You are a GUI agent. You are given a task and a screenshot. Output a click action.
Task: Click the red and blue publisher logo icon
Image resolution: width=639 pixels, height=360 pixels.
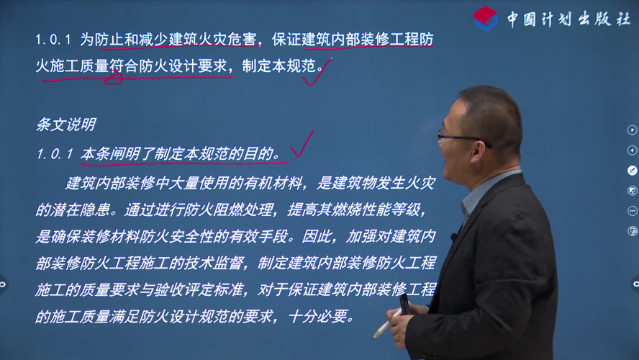click(485, 18)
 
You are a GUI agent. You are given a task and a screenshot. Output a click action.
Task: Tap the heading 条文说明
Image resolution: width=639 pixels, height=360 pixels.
click(66, 125)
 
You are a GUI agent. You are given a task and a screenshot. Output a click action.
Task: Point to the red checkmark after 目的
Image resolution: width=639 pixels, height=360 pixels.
click(302, 144)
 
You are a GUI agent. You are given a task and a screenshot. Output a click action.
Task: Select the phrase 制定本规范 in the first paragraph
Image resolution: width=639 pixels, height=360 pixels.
click(279, 66)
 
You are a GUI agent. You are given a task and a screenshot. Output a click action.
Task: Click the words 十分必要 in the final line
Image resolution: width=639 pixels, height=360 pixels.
click(318, 316)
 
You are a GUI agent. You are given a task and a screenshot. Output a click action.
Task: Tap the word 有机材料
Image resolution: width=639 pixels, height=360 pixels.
click(273, 183)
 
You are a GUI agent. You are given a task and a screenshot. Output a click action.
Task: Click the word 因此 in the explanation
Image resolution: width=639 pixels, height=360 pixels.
click(317, 236)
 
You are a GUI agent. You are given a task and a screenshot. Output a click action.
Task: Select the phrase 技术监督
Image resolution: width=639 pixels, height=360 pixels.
click(213, 263)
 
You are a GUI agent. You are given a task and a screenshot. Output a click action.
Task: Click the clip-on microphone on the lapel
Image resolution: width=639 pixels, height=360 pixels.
click(453, 236)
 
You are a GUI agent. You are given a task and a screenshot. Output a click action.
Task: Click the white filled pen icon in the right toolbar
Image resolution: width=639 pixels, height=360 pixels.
click(632, 171)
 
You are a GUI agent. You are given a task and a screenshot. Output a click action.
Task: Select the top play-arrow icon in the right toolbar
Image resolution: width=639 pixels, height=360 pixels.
click(632, 130)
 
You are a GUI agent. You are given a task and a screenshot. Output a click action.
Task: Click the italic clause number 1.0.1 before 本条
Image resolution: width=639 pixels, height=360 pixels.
click(55, 154)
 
